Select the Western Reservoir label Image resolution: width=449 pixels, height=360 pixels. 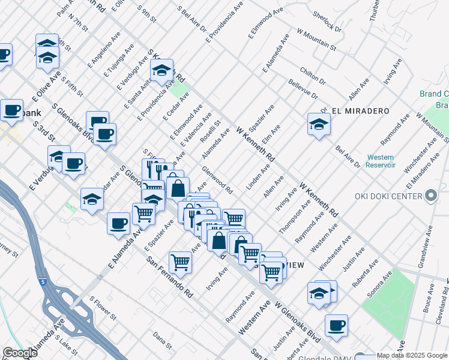click(381, 161)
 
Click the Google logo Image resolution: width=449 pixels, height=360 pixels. click(20, 353)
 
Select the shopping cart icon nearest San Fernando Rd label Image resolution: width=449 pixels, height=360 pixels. click(181, 262)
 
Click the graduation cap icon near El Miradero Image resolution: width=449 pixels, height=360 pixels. click(319, 124)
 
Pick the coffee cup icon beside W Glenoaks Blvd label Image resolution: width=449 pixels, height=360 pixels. click(337, 325)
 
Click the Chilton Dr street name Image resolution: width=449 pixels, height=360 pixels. click(313, 76)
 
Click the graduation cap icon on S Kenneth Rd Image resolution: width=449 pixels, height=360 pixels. click(161, 70)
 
